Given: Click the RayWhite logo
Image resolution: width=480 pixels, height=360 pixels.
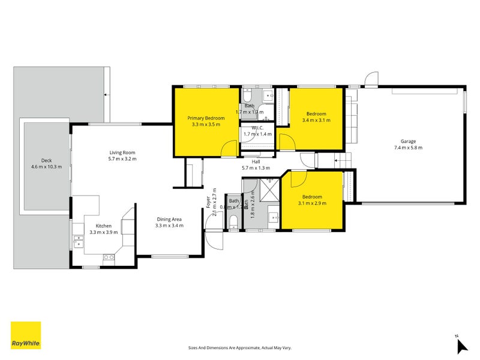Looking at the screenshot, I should tap(26, 335).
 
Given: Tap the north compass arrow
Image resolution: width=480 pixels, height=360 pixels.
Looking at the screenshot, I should tap(461, 346).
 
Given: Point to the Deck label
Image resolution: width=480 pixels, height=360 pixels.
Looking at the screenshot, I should tap(46, 160).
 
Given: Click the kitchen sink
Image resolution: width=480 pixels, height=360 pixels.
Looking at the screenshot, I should tap(78, 241).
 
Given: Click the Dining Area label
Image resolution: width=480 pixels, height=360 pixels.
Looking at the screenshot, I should tap(169, 219).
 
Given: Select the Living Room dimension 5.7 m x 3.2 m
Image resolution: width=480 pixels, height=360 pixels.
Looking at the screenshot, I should tap(122, 159).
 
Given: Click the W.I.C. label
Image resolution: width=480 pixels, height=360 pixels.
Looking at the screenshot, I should tap(258, 127).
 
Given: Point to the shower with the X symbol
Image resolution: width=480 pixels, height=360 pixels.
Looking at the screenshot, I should tap(269, 190).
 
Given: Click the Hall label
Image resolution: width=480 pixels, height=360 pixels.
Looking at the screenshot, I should tap(256, 161).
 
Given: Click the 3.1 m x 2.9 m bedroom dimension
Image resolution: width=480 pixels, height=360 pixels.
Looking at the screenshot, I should tap(311, 203).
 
